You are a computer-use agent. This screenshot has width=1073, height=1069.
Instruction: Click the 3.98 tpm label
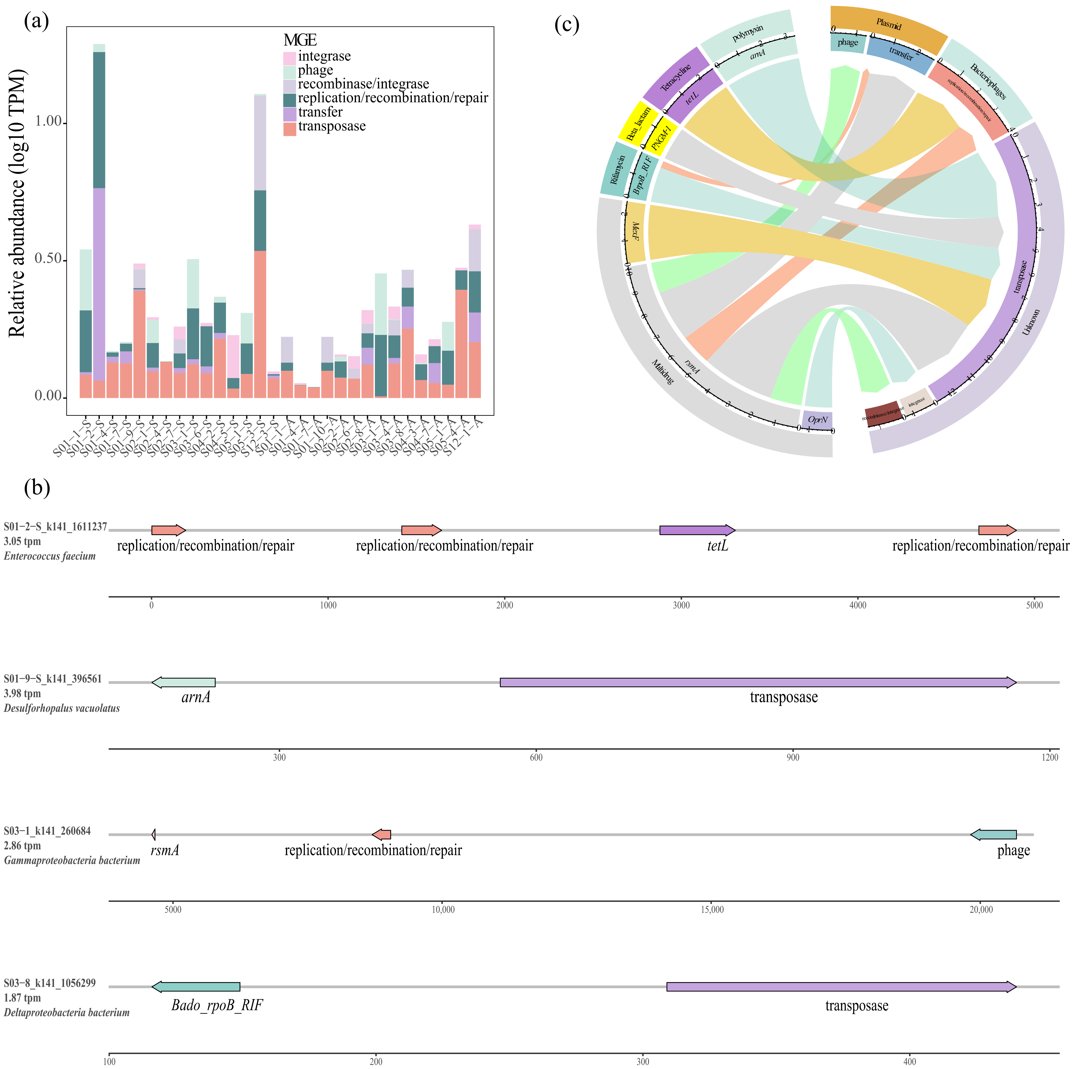point(22,694)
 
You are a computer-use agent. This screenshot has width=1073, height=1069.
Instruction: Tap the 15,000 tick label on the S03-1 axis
point(712,910)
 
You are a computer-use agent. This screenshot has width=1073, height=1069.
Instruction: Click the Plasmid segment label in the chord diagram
point(889,25)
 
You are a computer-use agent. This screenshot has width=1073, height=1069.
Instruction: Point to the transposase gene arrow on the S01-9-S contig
point(758,683)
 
